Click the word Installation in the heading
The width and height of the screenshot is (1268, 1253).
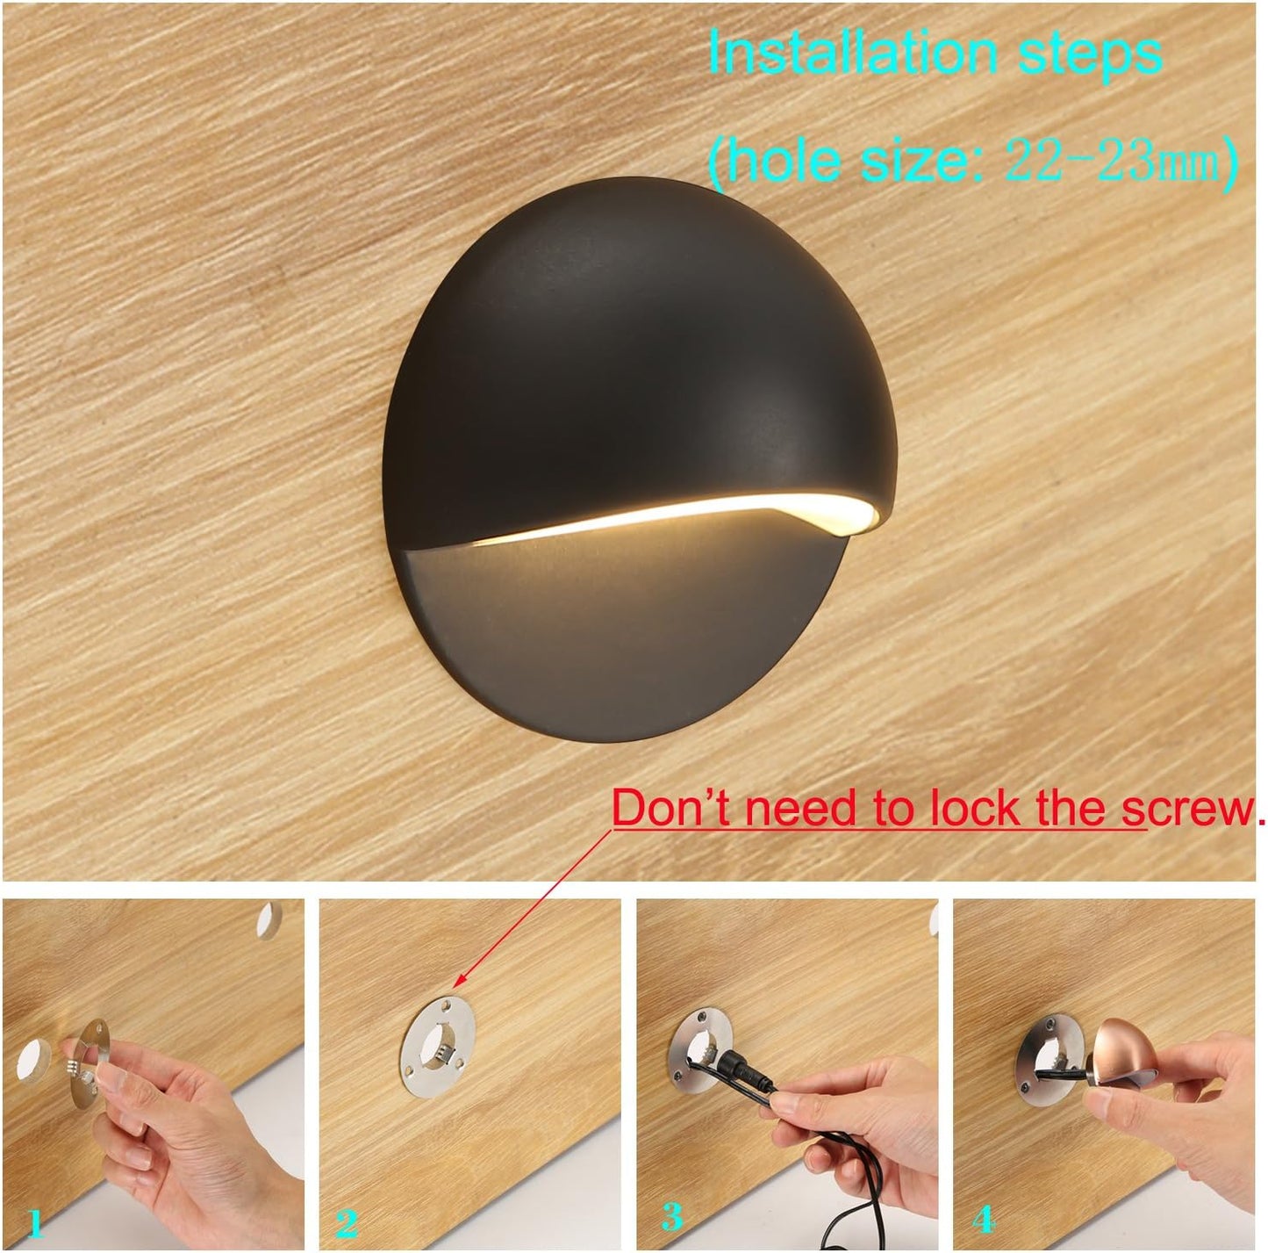[853, 54]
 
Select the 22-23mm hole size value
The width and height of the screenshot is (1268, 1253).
[1112, 160]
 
